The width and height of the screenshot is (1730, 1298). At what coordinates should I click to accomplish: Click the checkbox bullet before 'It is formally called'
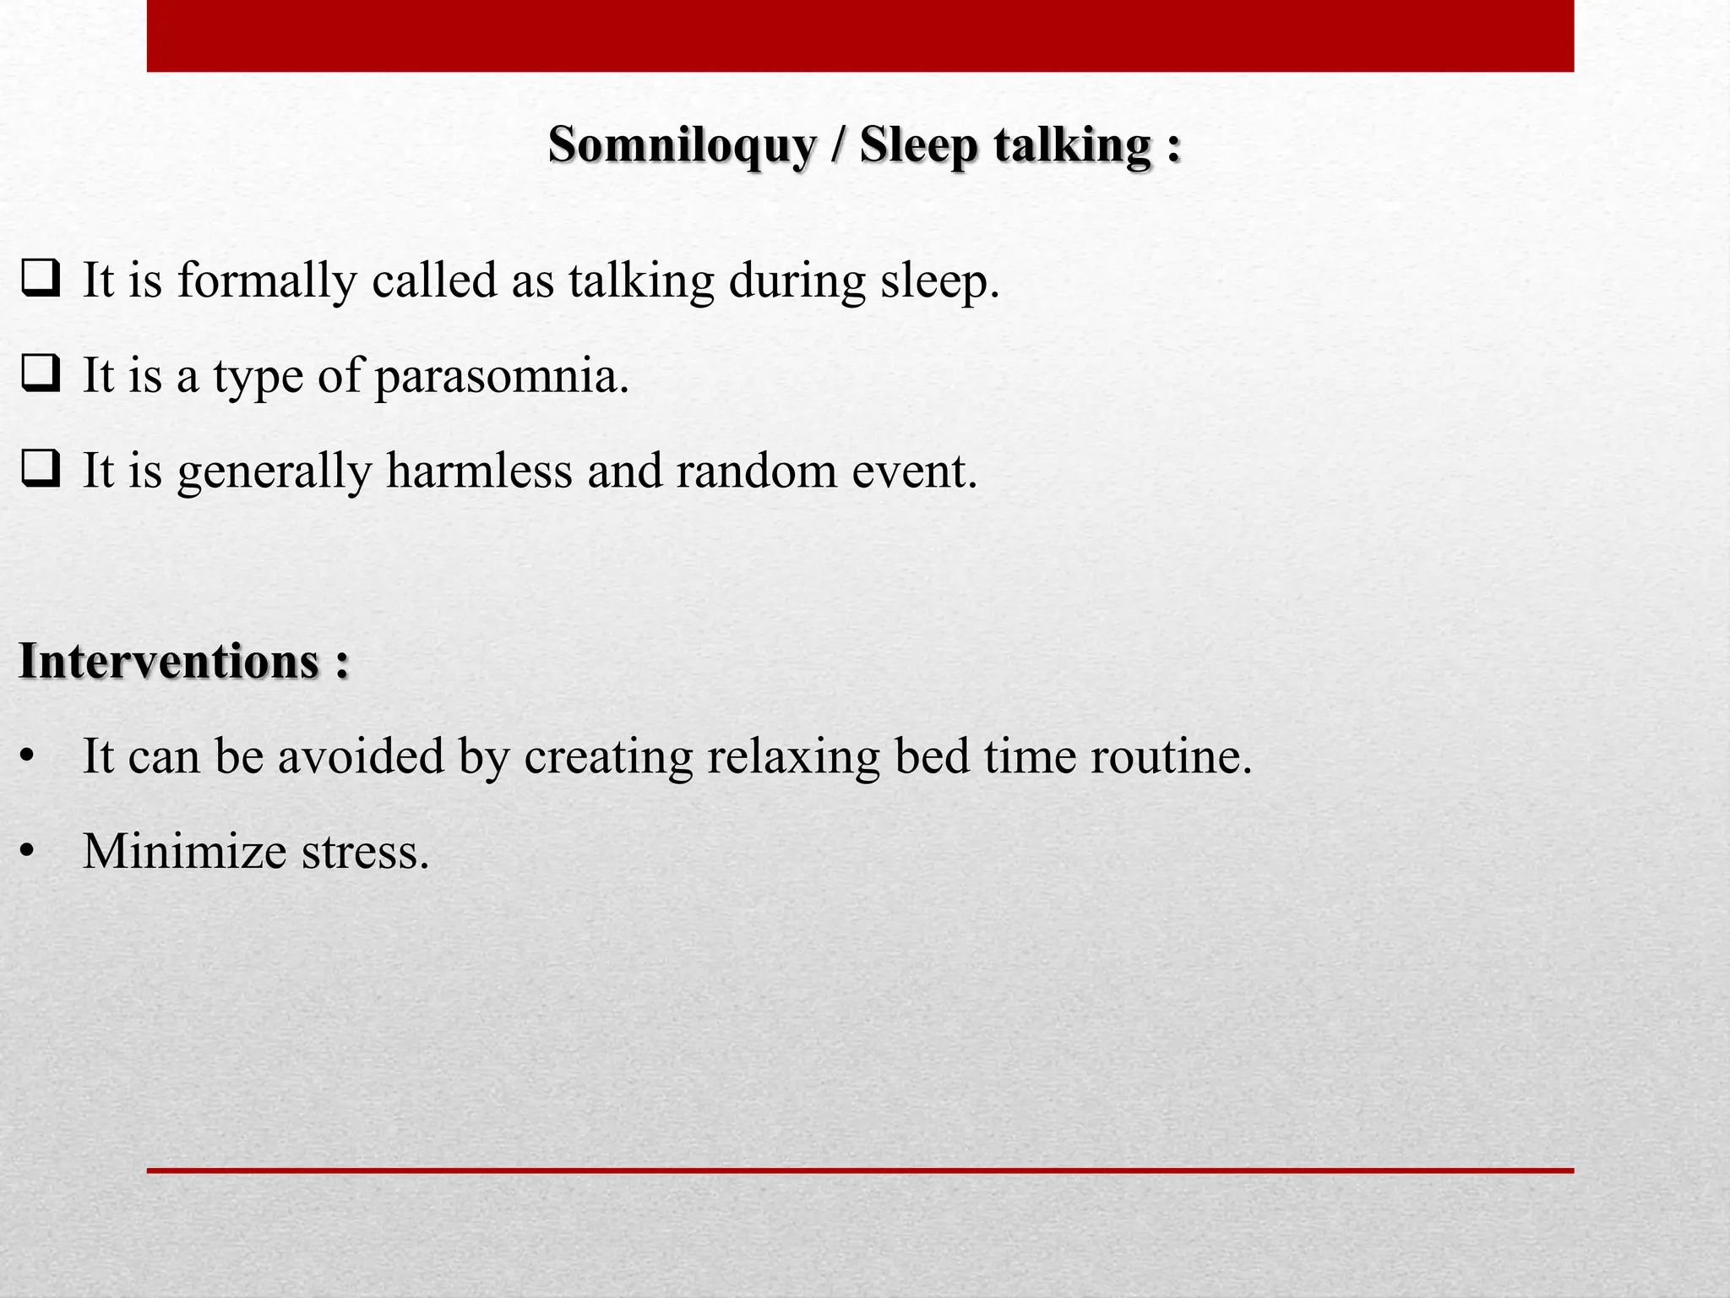(x=41, y=279)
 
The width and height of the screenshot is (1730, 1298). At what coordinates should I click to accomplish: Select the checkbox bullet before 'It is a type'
(x=41, y=374)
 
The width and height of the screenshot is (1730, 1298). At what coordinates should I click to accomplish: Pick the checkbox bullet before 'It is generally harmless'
(x=41, y=469)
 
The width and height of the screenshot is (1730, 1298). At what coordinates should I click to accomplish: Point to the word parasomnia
(x=502, y=376)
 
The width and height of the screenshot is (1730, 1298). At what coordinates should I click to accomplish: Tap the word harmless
(x=479, y=471)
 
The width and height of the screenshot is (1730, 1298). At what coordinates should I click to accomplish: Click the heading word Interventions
(x=169, y=661)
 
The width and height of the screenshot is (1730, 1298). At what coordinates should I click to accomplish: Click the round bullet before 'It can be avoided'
(x=28, y=756)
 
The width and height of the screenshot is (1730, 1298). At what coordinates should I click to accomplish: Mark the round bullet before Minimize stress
(x=28, y=852)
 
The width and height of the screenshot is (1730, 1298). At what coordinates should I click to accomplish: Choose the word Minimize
(x=184, y=851)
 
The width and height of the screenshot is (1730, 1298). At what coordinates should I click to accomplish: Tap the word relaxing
(x=793, y=756)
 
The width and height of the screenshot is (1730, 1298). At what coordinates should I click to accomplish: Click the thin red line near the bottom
(x=860, y=1170)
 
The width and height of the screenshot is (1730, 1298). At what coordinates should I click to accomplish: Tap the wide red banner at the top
(x=860, y=35)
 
